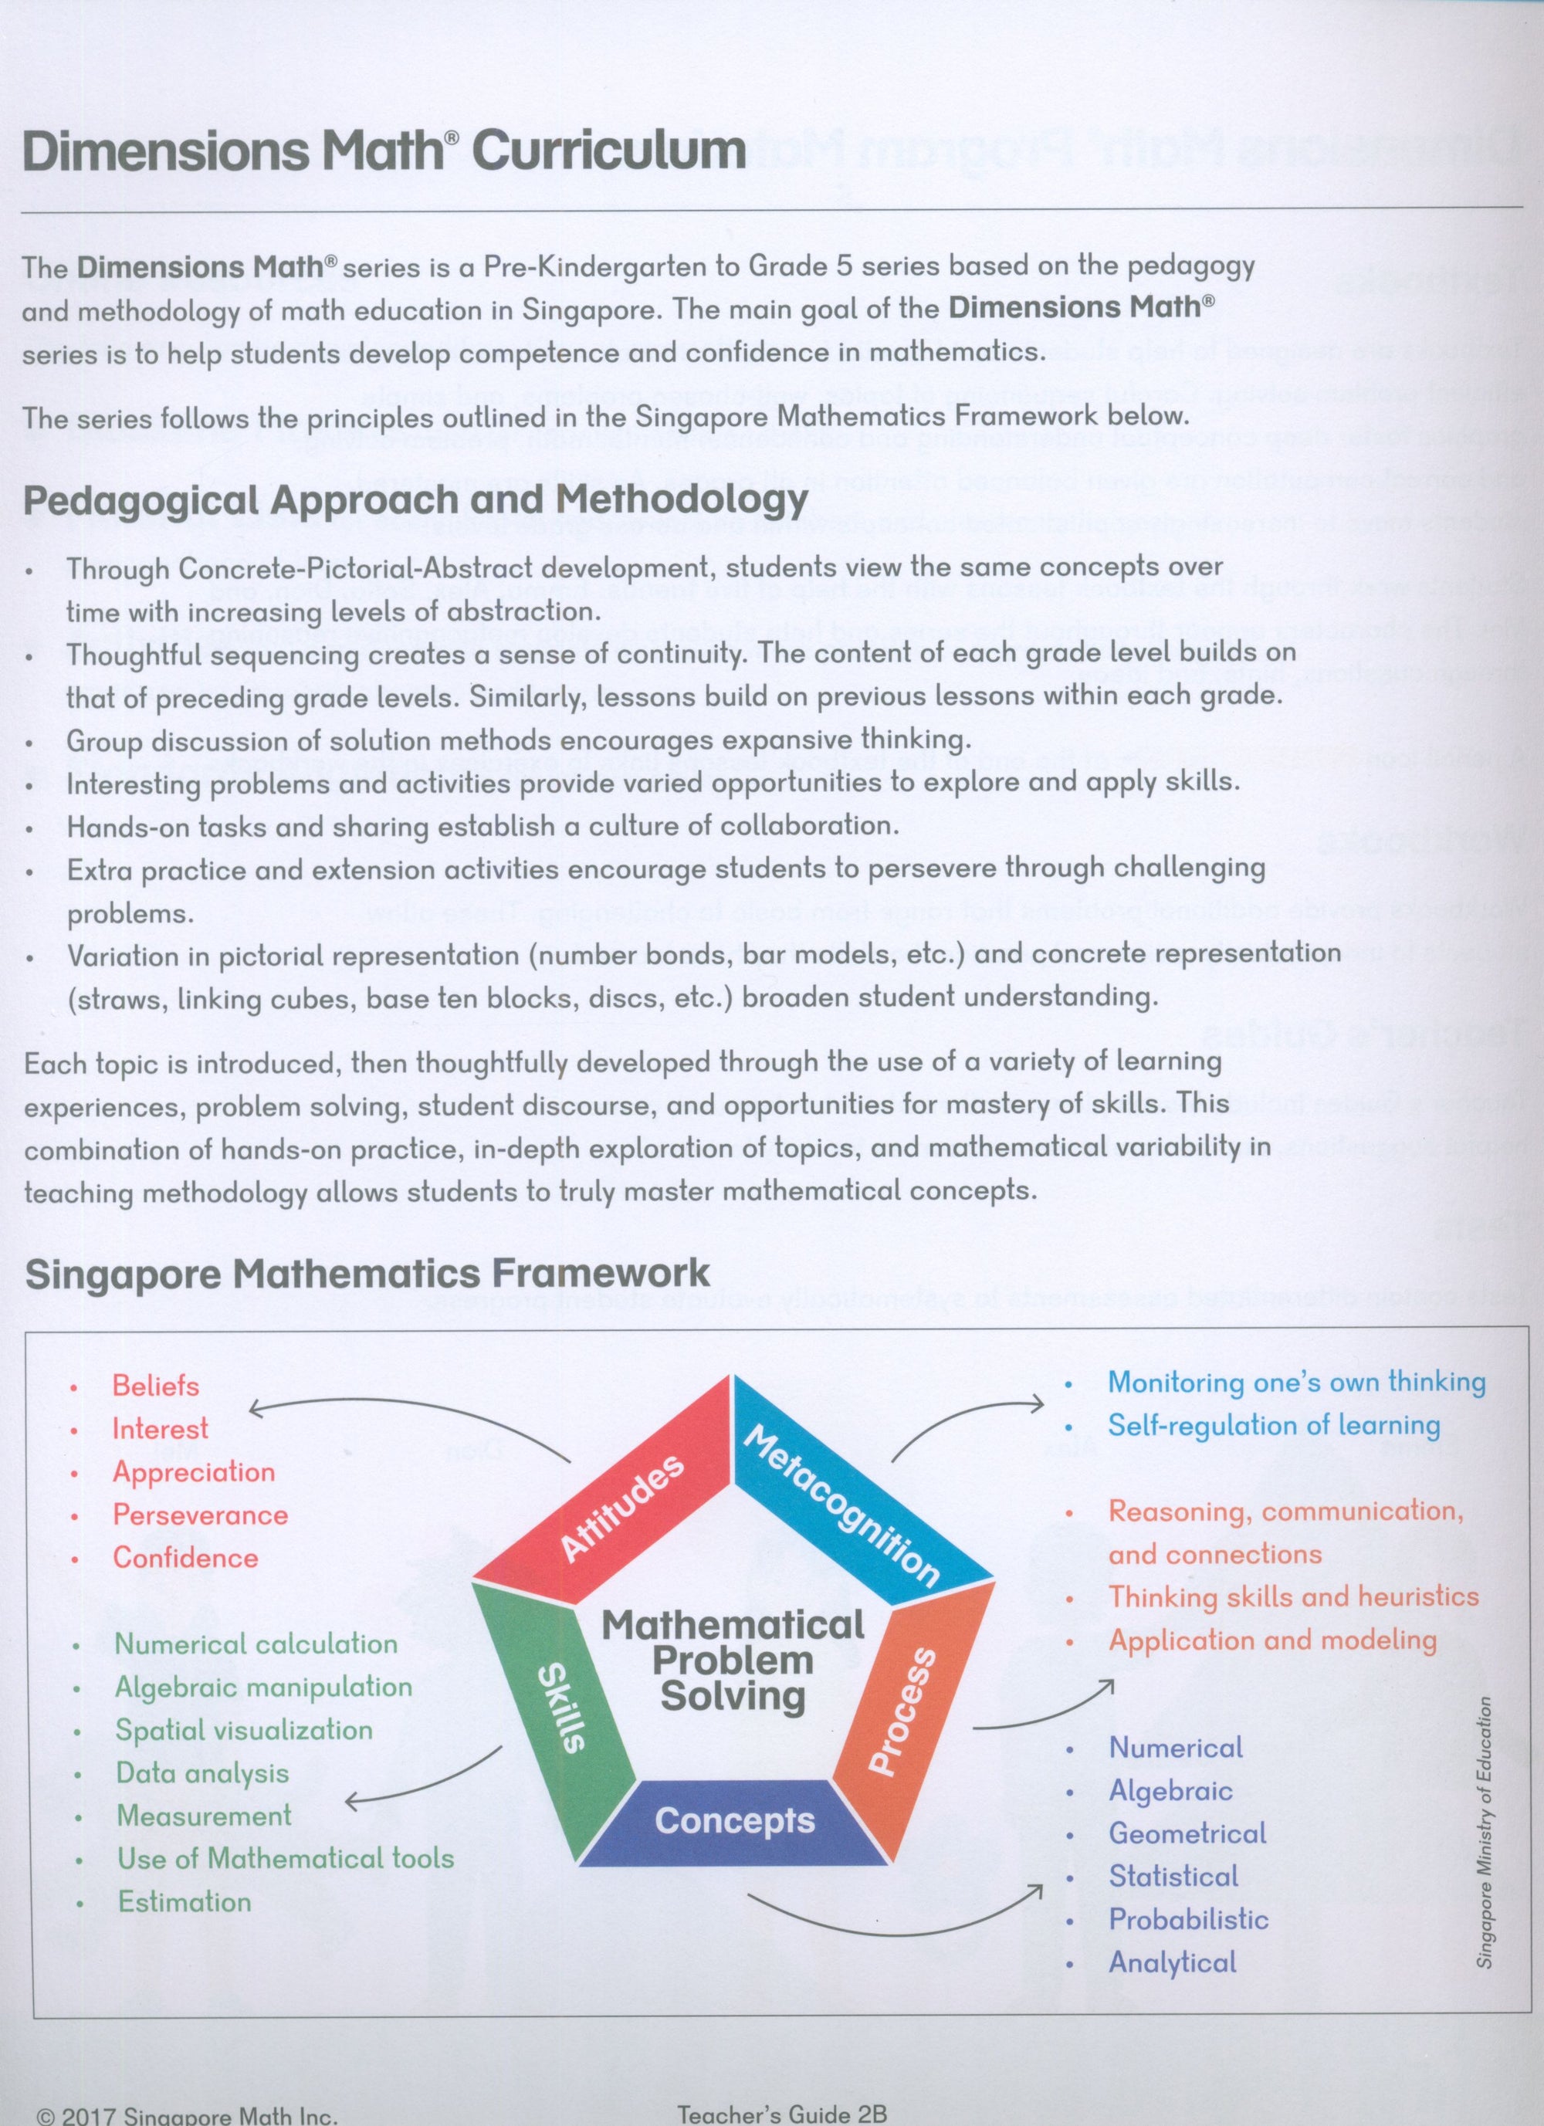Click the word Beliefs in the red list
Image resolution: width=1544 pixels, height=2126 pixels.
pyautogui.click(x=156, y=1386)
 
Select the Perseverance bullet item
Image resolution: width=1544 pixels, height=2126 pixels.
pyautogui.click(x=200, y=1515)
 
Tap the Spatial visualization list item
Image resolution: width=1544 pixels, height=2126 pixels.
pyautogui.click(x=244, y=1729)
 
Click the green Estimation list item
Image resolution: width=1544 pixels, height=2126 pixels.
pyautogui.click(x=184, y=1902)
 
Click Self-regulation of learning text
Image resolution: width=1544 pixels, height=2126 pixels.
pyautogui.click(x=1273, y=1426)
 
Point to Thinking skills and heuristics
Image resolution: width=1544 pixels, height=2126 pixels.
pyautogui.click(x=1293, y=1596)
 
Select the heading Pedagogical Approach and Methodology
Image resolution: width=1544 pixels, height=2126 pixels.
pyautogui.click(x=415, y=499)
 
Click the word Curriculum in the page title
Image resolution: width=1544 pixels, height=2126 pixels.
pyautogui.click(x=608, y=151)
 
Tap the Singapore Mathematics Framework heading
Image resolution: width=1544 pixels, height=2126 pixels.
pyautogui.click(x=367, y=1274)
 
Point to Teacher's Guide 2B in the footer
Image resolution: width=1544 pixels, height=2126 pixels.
pyautogui.click(x=781, y=2114)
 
